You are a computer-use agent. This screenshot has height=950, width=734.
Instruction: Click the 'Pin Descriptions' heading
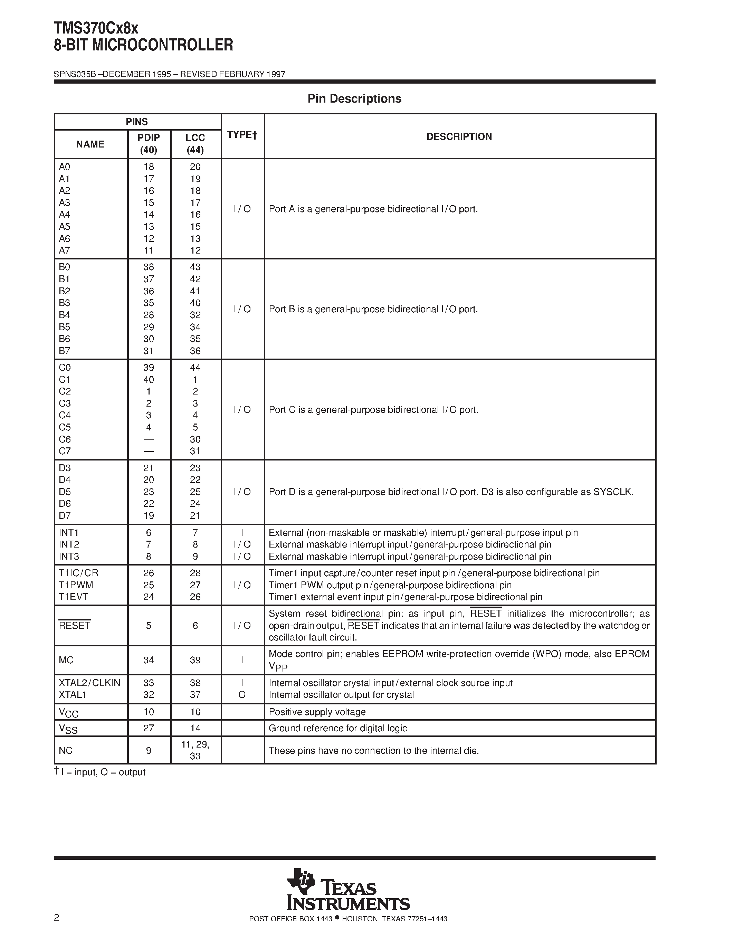354,99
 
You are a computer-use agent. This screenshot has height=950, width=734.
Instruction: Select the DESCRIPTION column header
459,136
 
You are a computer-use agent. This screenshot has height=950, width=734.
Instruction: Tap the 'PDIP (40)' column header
149,144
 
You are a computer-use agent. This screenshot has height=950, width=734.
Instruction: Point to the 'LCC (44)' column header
195,144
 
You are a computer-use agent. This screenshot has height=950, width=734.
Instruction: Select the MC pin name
66,660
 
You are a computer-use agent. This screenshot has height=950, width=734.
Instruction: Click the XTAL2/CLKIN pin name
89,683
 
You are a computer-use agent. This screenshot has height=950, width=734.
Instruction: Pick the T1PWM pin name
76,585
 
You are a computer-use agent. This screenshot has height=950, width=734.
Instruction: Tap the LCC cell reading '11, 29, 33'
195,750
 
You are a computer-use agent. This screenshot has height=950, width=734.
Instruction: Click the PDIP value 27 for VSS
149,728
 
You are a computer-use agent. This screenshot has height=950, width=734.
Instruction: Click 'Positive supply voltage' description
317,712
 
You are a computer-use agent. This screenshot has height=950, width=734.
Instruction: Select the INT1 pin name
69,532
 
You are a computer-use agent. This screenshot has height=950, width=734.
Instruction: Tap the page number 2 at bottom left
57,918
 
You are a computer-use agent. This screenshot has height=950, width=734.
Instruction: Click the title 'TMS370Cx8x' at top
96,29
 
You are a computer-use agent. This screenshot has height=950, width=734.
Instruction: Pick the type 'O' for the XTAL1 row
242,695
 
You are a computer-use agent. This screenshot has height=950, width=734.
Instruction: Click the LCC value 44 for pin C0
195,368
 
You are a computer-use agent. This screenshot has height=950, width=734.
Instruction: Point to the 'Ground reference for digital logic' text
338,728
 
